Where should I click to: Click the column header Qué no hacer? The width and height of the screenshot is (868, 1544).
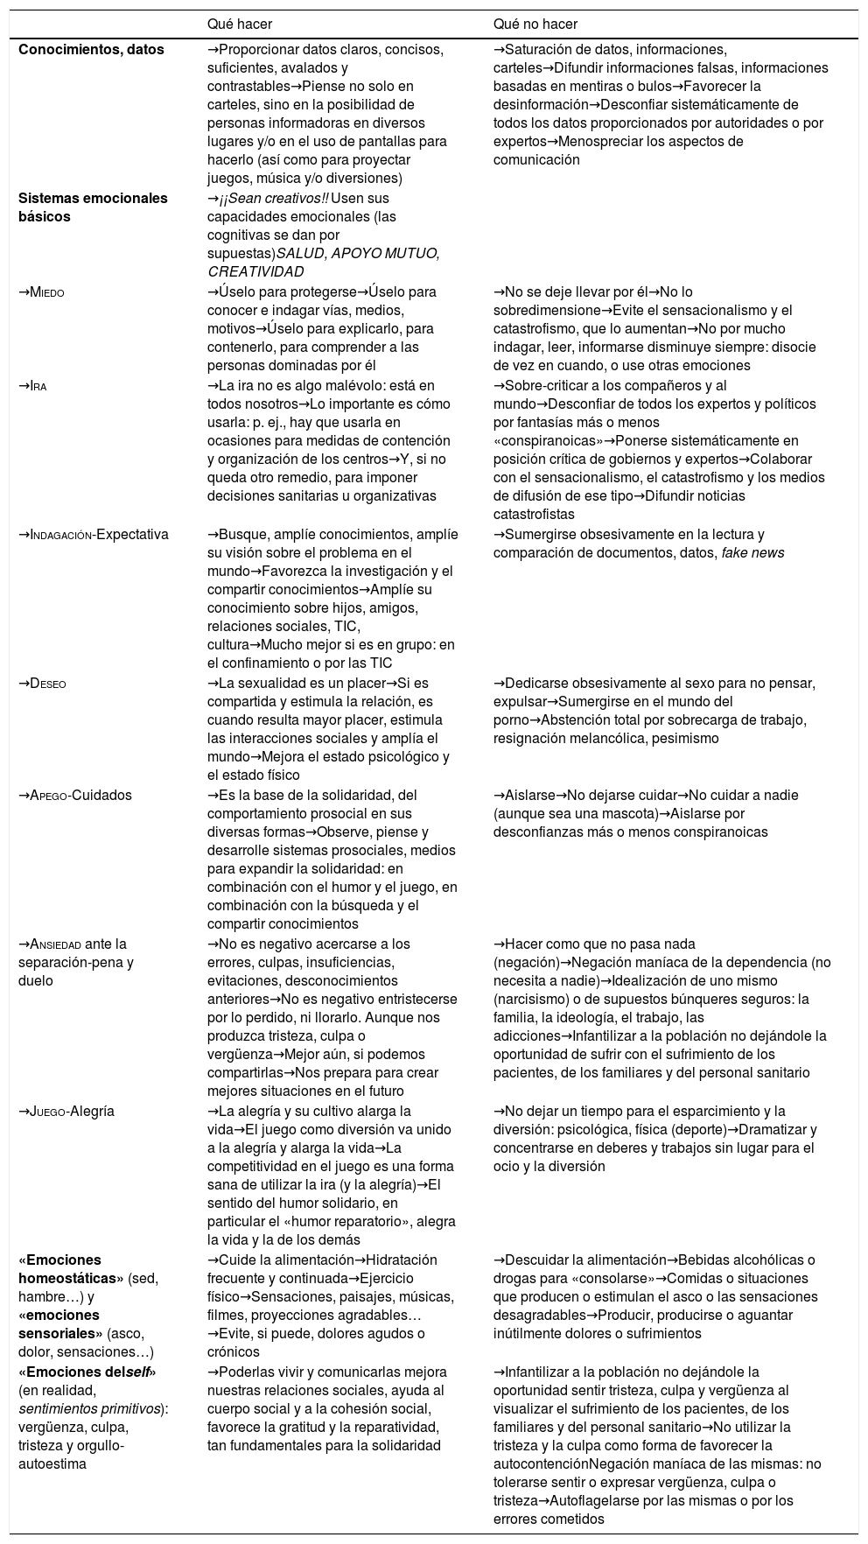click(x=535, y=24)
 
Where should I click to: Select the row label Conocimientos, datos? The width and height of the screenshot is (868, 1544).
click(x=91, y=50)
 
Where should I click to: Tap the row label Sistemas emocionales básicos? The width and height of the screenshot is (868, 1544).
click(x=93, y=207)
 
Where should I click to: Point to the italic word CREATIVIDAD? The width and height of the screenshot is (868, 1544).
click(x=255, y=272)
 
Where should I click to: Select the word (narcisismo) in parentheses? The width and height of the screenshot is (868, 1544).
click(x=534, y=1000)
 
